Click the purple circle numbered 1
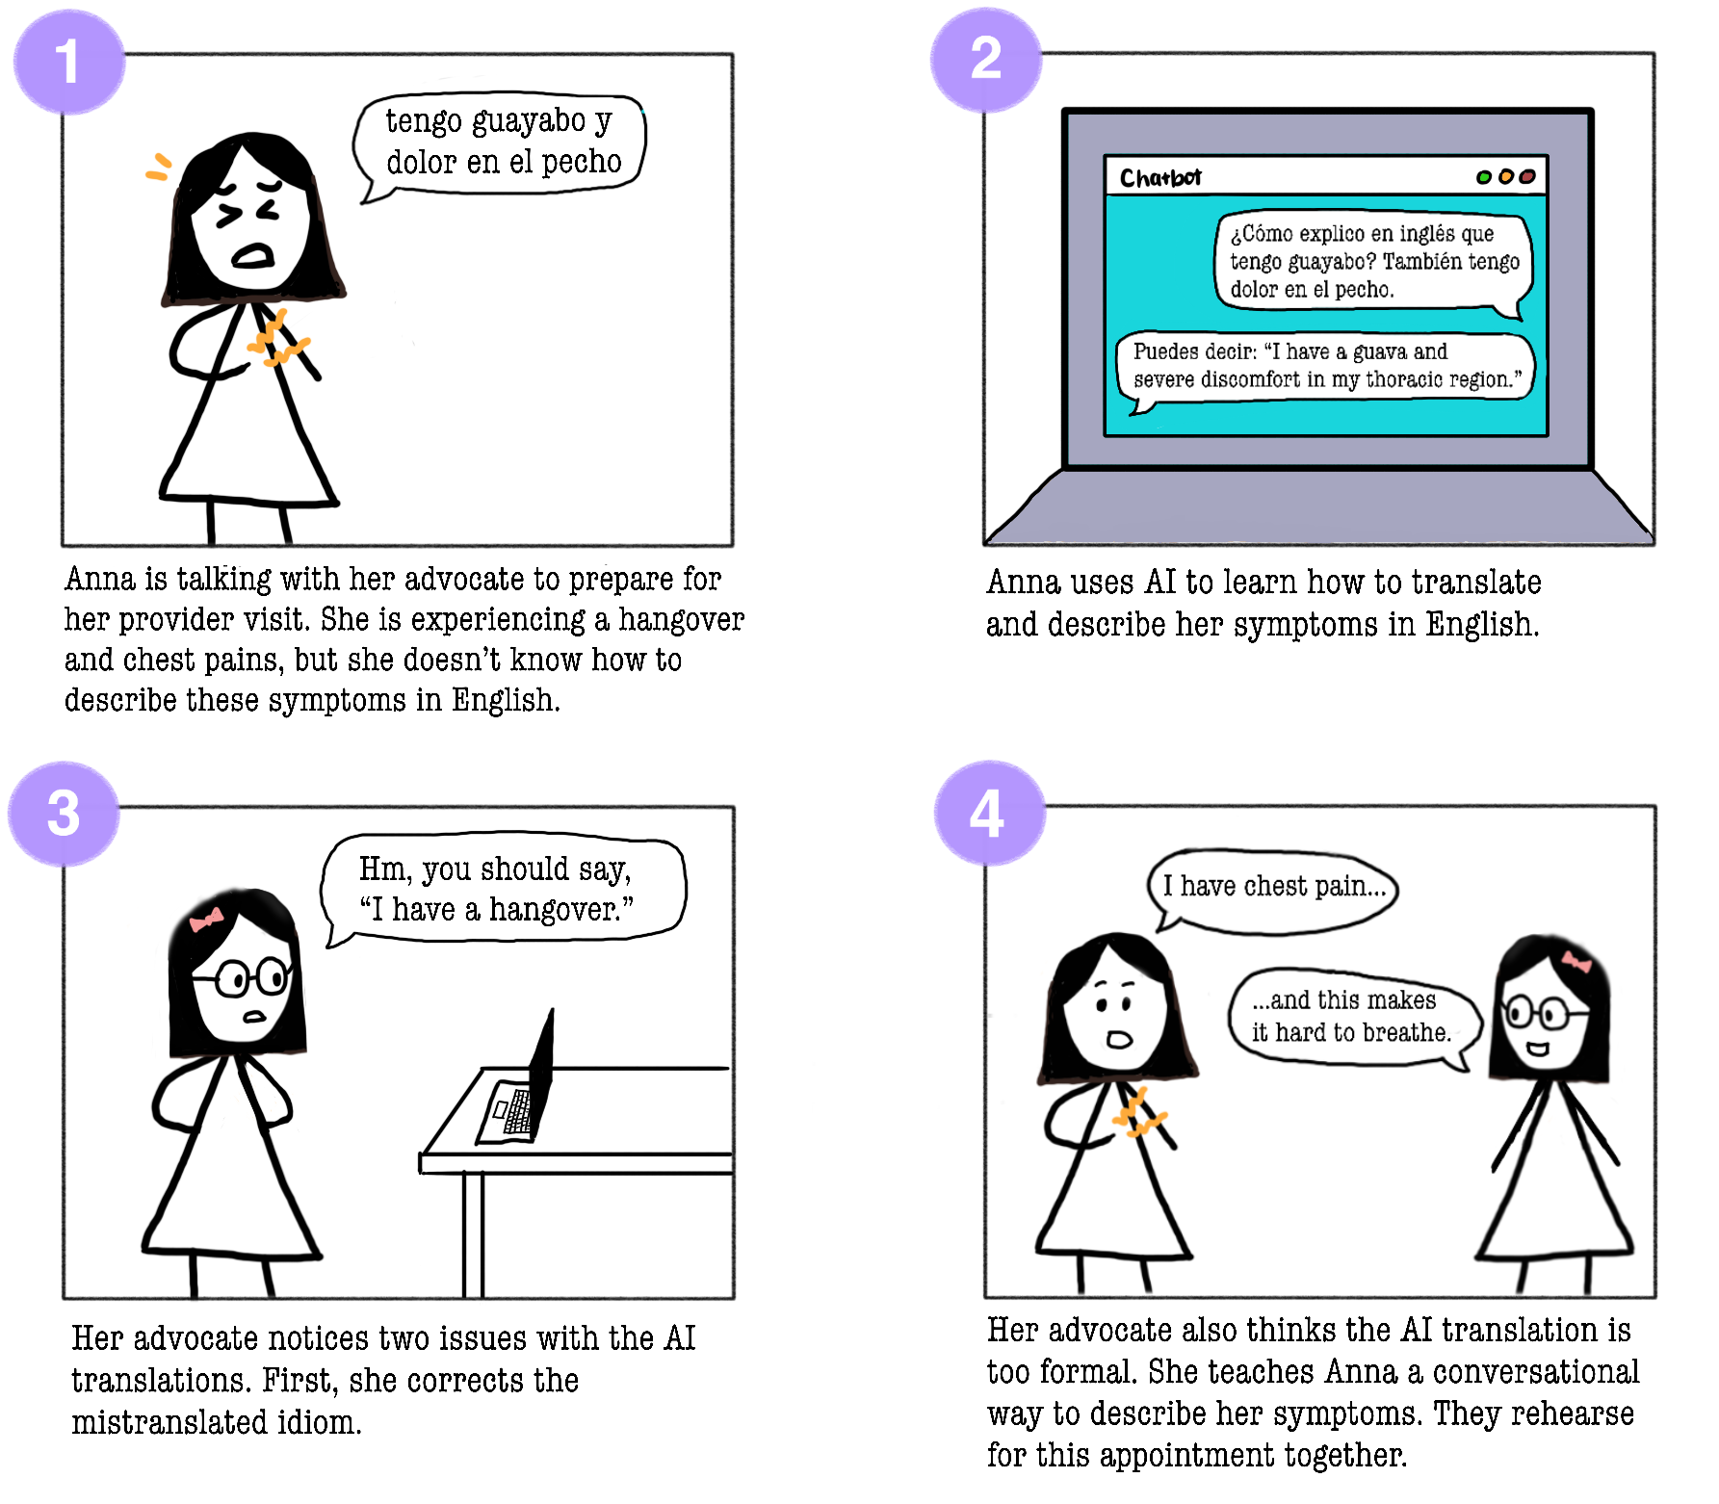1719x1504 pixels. click(x=68, y=62)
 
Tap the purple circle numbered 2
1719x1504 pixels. click(x=986, y=60)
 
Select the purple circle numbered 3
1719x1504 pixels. click(x=64, y=814)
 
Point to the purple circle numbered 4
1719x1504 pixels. click(x=990, y=813)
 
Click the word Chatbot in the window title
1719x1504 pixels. click(x=1160, y=178)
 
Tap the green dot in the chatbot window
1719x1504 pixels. click(x=1484, y=177)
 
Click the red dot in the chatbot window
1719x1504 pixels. click(x=1527, y=176)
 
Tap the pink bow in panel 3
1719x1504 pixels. click(x=206, y=920)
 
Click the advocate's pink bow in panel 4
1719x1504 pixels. click(x=1576, y=961)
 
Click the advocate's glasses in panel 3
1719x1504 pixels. click(x=243, y=978)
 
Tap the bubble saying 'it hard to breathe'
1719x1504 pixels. click(x=1354, y=1018)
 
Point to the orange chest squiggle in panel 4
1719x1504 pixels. click(x=1138, y=1113)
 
